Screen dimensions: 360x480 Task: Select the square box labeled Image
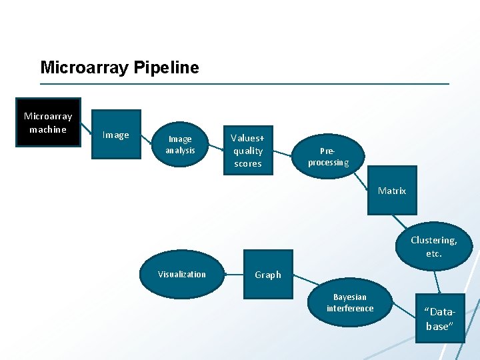click(116, 135)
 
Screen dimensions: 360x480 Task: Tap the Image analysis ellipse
click(180, 145)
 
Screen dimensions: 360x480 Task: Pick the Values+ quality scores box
click(248, 151)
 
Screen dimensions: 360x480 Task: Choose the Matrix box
click(392, 191)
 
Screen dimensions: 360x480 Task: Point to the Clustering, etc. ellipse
click(434, 247)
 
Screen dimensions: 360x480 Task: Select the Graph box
click(268, 275)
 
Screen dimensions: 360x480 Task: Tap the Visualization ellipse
click(182, 274)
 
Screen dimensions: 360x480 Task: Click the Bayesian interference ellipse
click(350, 303)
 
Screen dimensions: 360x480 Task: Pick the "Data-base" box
click(439, 319)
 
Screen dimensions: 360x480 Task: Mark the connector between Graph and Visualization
click(234, 274)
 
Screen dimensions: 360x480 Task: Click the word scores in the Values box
click(248, 163)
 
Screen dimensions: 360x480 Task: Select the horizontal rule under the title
click(245, 84)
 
